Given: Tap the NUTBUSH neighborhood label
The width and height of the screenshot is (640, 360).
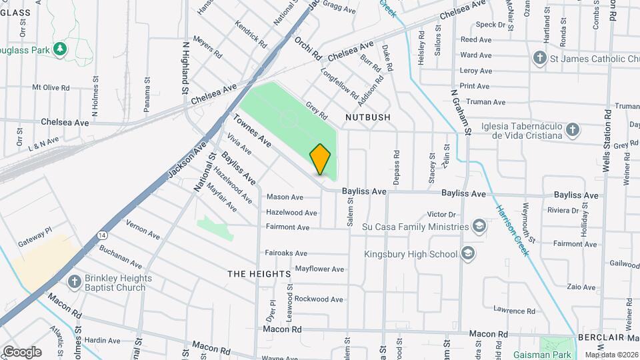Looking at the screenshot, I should tap(367, 117).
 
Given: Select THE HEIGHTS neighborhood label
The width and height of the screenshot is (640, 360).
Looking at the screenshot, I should tap(259, 274).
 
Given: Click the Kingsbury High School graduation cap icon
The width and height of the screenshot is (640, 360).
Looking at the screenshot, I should tap(469, 253).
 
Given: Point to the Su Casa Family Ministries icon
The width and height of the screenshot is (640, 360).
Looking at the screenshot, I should tap(479, 226).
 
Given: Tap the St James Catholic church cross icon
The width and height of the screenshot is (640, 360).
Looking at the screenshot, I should tap(539, 59).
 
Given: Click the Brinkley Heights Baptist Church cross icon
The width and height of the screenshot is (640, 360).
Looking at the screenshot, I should tap(74, 283).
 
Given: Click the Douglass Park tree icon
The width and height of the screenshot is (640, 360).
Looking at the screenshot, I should tap(60, 49).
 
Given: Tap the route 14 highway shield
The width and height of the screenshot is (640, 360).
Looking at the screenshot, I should tap(101, 235).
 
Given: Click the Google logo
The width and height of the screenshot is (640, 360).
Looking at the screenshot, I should tap(22, 351).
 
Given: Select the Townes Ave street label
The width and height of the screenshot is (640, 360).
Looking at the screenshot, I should tap(252, 131).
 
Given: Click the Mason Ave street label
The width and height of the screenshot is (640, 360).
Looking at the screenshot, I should tap(285, 197).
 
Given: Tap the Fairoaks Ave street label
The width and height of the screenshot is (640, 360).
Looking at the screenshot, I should tap(286, 253).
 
